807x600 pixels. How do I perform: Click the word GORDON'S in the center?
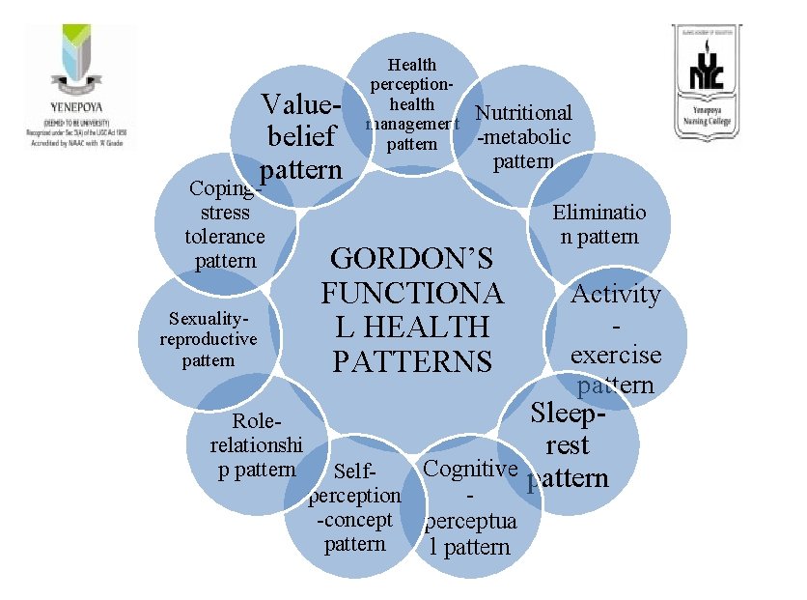pyautogui.click(x=412, y=259)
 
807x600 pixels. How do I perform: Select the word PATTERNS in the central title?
pyautogui.click(x=412, y=361)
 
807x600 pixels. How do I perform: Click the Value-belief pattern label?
pyautogui.click(x=301, y=136)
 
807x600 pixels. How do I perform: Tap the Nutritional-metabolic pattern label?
pyautogui.click(x=524, y=136)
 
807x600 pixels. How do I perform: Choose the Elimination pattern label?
pyautogui.click(x=598, y=224)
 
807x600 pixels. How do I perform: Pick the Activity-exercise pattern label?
pyautogui.click(x=616, y=338)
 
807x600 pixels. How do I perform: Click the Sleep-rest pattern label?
pyautogui.click(x=570, y=445)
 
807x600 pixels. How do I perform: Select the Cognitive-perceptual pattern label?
pyautogui.click(x=471, y=508)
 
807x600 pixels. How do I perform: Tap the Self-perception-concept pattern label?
pyautogui.click(x=354, y=508)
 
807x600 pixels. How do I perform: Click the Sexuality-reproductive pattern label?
pyautogui.click(x=209, y=339)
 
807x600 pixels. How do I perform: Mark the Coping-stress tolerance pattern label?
pyautogui.click(x=224, y=224)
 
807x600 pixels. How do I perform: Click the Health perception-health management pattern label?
pyautogui.click(x=412, y=104)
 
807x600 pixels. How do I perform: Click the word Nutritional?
pyautogui.click(x=524, y=113)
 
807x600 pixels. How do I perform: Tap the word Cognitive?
pyautogui.click(x=471, y=470)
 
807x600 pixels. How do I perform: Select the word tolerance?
pyautogui.click(x=224, y=237)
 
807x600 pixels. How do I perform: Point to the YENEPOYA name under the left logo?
pyautogui.click(x=76, y=109)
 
